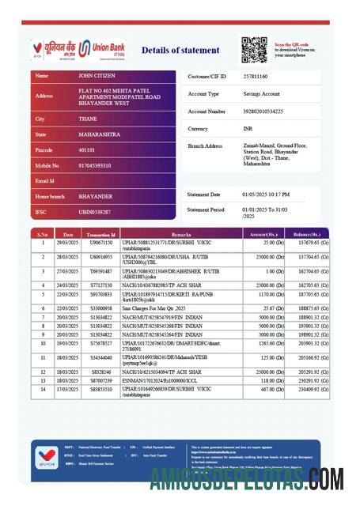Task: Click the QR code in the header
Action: [x=255, y=50]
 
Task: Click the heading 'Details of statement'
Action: [x=180, y=51]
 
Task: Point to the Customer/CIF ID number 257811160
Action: [x=256, y=77]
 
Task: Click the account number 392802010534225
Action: [x=263, y=111]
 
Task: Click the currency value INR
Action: [x=248, y=128]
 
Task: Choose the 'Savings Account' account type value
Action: [x=262, y=93]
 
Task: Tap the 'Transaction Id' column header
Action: [x=101, y=235]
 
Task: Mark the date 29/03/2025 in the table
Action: [x=67, y=243]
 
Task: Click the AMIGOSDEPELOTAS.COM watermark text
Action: [x=246, y=479]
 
